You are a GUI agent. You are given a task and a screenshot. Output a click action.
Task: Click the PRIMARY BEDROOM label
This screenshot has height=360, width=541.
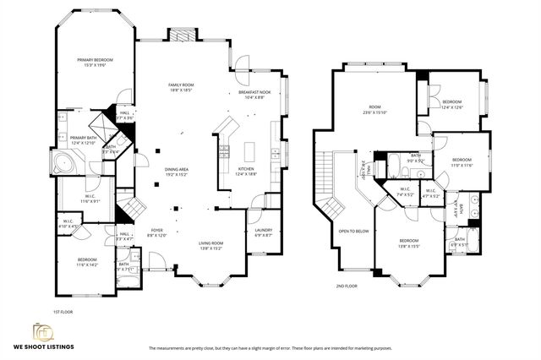tap(95, 60)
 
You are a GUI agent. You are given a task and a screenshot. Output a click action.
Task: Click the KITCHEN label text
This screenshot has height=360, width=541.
tap(245, 170)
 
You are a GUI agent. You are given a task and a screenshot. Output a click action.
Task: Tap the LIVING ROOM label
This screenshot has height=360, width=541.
tap(210, 244)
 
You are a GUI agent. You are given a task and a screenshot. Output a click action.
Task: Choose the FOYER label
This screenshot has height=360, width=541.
tap(156, 231)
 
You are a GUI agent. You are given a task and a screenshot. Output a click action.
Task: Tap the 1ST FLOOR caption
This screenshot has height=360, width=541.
tap(63, 311)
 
